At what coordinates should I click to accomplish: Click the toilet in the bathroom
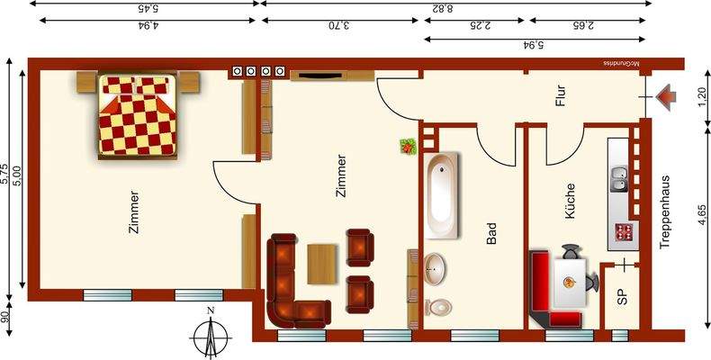[438, 306]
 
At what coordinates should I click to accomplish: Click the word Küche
[570, 202]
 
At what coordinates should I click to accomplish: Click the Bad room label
[491, 235]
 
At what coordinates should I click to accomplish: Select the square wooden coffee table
[322, 262]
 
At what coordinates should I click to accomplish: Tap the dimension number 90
[6, 318]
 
